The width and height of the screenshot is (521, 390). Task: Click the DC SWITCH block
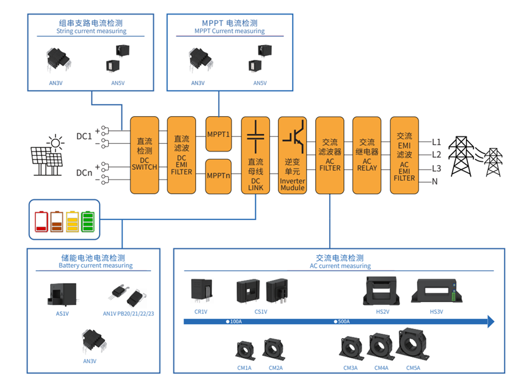(x=144, y=155)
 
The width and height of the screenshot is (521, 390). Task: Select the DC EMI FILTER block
(x=181, y=155)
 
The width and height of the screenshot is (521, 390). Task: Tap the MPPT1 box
(x=218, y=134)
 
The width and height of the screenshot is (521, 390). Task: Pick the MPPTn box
(x=218, y=175)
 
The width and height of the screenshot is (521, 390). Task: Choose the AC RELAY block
(x=367, y=155)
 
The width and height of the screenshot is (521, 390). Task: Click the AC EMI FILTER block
(x=404, y=155)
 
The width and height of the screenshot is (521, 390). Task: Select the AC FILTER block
(x=329, y=155)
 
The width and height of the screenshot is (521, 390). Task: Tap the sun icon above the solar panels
(x=56, y=144)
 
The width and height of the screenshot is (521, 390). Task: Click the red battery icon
(x=42, y=221)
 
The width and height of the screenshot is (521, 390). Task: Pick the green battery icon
(x=88, y=221)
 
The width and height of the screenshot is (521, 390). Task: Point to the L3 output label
(x=436, y=168)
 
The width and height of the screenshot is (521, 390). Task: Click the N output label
(x=435, y=182)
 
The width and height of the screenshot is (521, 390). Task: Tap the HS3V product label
(x=436, y=312)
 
